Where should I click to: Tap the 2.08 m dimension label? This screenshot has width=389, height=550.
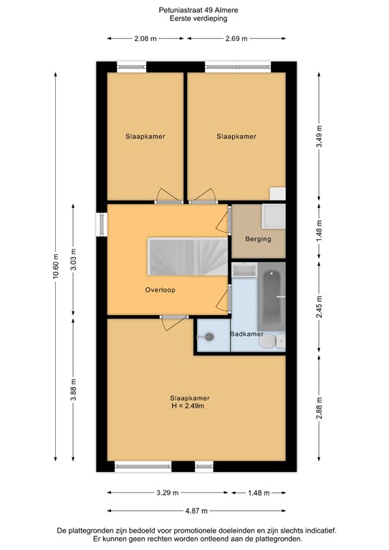point(145,39)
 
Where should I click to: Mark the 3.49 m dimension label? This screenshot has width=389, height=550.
point(320,136)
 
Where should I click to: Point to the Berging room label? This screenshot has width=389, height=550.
point(258,239)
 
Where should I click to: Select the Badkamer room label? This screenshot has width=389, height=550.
point(246,334)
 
